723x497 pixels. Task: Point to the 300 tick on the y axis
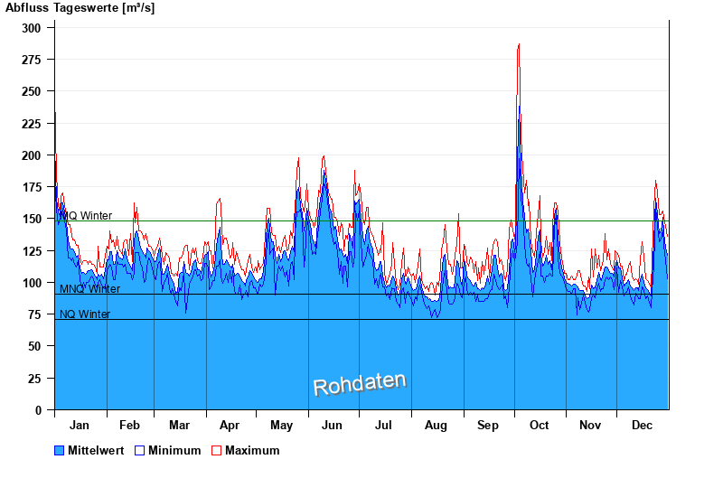coord(32,28)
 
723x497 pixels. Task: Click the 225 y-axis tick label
coord(32,123)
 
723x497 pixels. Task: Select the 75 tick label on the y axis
coord(35,314)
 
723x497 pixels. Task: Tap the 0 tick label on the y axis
coord(38,410)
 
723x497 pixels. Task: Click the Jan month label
coord(80,425)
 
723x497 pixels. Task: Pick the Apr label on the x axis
coord(230,425)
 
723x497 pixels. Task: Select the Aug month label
coord(436,425)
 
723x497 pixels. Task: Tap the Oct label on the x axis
coord(540,425)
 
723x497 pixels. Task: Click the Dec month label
coord(643,425)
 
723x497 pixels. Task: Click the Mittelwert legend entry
coord(96,450)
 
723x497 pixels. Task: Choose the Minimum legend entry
coord(174,450)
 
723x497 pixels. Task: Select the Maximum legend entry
coord(252,450)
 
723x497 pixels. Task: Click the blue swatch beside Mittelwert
coord(60,450)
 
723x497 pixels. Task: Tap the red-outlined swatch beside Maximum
coord(217,450)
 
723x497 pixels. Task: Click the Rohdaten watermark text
coord(360,384)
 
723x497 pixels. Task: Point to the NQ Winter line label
coord(85,314)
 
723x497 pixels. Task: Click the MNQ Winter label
coord(89,289)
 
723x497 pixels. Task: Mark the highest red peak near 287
coord(519,44)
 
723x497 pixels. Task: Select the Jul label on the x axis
coord(384,425)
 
